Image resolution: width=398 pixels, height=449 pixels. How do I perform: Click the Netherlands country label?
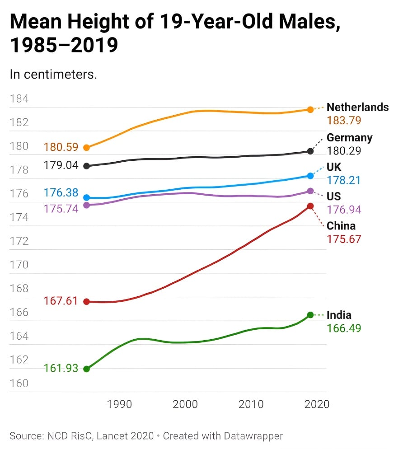tap(357, 108)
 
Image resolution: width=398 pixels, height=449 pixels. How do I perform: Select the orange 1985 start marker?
tap(87, 147)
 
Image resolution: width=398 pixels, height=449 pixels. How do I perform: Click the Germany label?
tap(349, 138)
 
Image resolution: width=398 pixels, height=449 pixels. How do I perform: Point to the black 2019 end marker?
tap(310, 151)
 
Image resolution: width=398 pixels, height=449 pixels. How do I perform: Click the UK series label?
tap(334, 168)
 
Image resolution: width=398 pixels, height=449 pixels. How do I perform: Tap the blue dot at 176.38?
tap(87, 197)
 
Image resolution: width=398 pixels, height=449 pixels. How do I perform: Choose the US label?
tap(334, 196)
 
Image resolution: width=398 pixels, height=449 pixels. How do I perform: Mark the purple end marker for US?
tap(310, 191)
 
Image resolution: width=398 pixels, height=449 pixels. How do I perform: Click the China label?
tap(341, 226)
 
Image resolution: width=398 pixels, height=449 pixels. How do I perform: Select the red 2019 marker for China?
tap(310, 206)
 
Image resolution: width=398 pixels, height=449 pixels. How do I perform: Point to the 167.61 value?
tap(61, 301)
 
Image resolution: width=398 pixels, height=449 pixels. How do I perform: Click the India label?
tap(339, 315)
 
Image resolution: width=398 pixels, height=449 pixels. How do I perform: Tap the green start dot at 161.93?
tap(87, 369)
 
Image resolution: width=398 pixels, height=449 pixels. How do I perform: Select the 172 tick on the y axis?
tap(19, 241)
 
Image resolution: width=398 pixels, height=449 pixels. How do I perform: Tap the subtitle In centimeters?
tap(53, 74)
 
